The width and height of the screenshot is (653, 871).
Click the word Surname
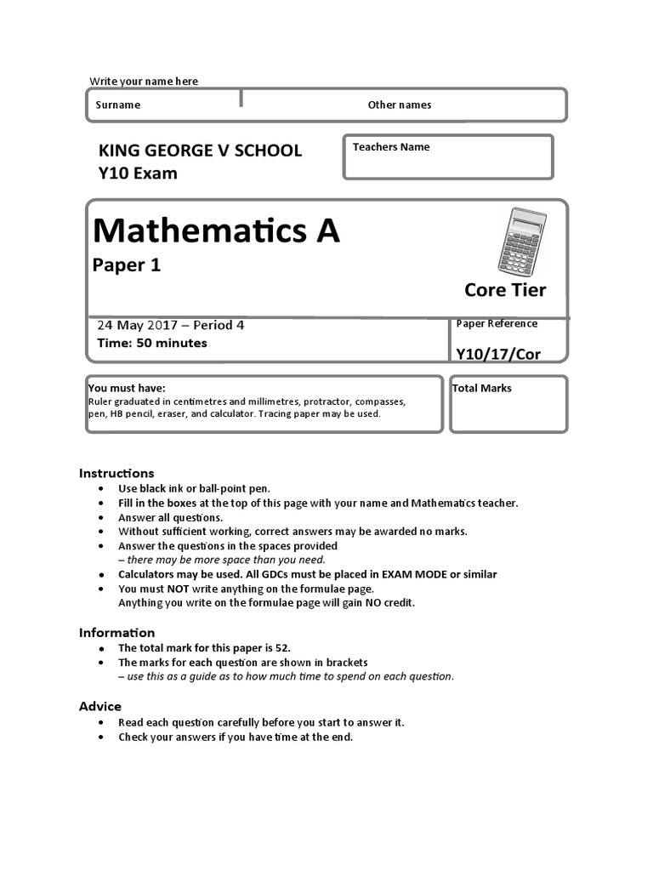118,105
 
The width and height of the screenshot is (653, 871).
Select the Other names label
399,105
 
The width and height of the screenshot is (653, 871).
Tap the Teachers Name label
391,147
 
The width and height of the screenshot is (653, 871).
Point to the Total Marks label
482,389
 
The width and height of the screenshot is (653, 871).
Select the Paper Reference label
497,323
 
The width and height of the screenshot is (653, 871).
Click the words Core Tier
505,290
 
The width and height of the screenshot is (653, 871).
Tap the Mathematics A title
216,230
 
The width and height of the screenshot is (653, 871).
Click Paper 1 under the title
127,265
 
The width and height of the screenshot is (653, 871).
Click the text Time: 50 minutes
151,344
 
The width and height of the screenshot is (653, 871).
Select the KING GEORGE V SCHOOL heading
201,151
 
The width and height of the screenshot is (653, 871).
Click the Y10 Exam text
139,174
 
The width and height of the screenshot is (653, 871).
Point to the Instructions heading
116,473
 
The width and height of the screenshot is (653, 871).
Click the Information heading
116,633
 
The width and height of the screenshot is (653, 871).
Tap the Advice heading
100,707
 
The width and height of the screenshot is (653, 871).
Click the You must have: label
127,388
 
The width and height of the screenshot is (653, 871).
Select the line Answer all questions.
171,517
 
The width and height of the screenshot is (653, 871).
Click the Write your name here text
144,82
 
